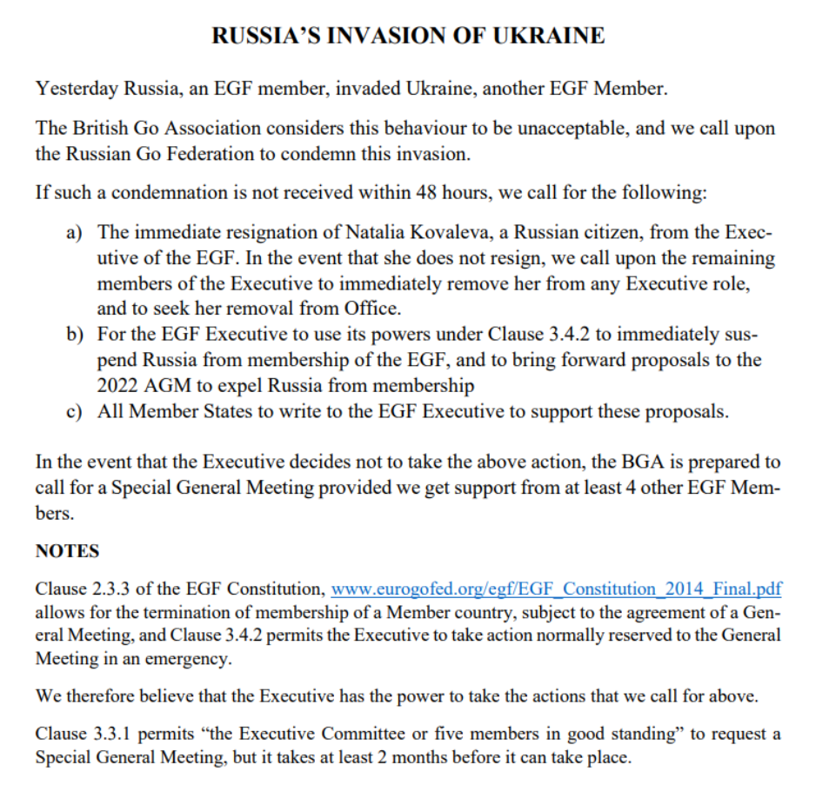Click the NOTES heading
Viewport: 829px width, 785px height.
(67, 551)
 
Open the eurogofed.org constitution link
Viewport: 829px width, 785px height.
(556, 589)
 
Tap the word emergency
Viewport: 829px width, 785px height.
(191, 658)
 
